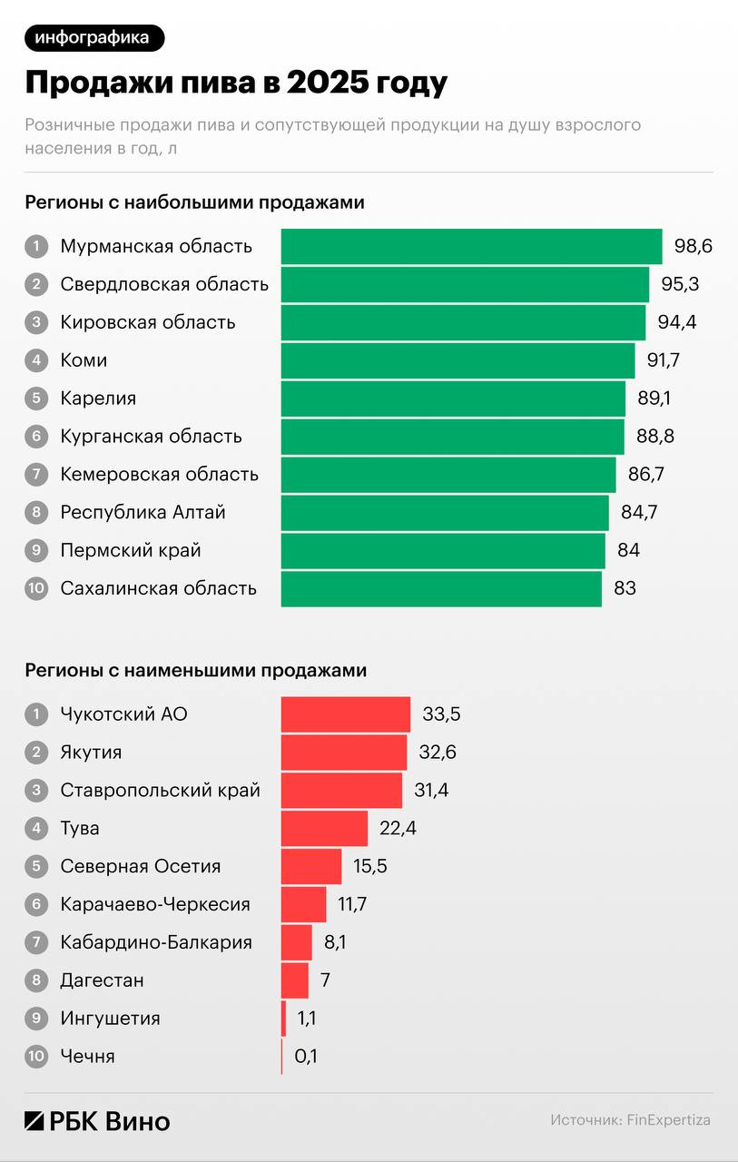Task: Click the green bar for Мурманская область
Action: pos(471,246)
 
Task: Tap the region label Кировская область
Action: pos(148,322)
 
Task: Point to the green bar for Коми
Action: pos(458,360)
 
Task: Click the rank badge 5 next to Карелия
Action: pos(36,399)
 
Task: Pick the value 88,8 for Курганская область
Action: pos(655,437)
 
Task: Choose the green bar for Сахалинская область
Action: pos(441,588)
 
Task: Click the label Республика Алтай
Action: pos(143,512)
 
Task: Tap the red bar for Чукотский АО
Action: pos(346,714)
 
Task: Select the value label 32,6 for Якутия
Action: pos(438,753)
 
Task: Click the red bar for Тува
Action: pos(324,829)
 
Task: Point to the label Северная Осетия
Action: pos(141,866)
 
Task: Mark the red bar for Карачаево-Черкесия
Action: pos(303,904)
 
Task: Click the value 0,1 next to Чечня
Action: pos(306,1057)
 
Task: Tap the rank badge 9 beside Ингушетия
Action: pos(36,1019)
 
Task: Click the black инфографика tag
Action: pos(94,37)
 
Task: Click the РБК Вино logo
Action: pos(97,1120)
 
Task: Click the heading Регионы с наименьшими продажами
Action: pos(196,671)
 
